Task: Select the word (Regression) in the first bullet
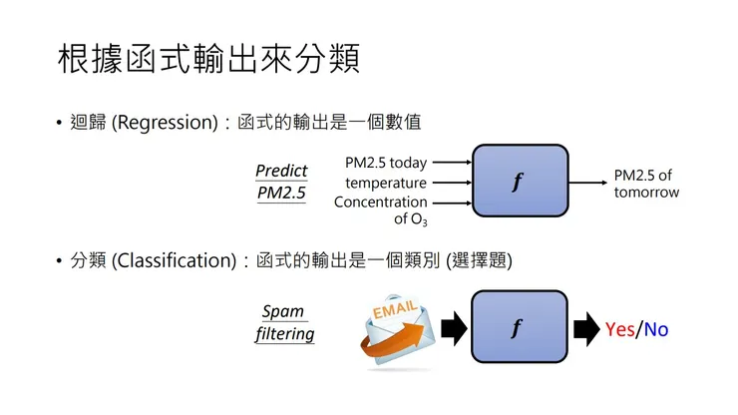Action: tap(164, 123)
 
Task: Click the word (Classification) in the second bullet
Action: tap(175, 260)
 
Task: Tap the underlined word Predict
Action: tap(281, 171)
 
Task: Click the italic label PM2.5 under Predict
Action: tap(281, 193)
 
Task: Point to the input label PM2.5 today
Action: tap(385, 163)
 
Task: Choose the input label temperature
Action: tap(386, 183)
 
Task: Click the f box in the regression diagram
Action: tap(520, 182)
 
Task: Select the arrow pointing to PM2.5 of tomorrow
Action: tap(588, 183)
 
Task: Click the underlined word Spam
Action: tap(283, 312)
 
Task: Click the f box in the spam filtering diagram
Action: tap(518, 326)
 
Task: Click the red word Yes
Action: tap(619, 328)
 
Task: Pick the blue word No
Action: tap(656, 328)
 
